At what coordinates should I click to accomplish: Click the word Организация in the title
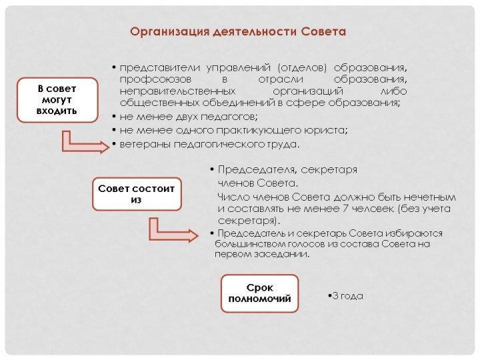point(169,32)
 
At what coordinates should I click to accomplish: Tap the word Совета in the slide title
point(323,31)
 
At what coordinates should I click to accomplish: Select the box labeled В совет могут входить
point(57,100)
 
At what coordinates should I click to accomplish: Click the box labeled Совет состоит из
point(137,194)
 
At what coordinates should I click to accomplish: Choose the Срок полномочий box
point(259,293)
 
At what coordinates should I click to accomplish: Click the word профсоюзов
point(155,79)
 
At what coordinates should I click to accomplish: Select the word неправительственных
point(177,91)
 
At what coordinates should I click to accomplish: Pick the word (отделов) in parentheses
point(302,67)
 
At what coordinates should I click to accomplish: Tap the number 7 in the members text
point(345,209)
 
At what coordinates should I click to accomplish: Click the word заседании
point(285,254)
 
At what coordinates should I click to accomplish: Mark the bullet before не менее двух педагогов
point(114,117)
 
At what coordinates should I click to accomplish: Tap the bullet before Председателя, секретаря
point(212,169)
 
